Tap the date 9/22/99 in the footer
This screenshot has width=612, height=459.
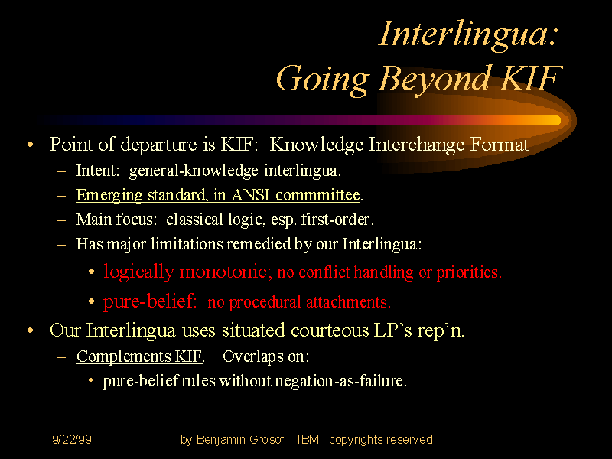point(72,440)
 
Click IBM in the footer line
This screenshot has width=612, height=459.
point(308,440)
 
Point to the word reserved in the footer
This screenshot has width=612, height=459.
point(409,440)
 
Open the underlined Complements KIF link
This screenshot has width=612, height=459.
point(140,356)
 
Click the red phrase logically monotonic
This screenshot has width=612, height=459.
point(187,272)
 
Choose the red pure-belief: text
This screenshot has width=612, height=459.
point(151,301)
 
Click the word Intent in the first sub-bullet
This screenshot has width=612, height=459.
point(98,171)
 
